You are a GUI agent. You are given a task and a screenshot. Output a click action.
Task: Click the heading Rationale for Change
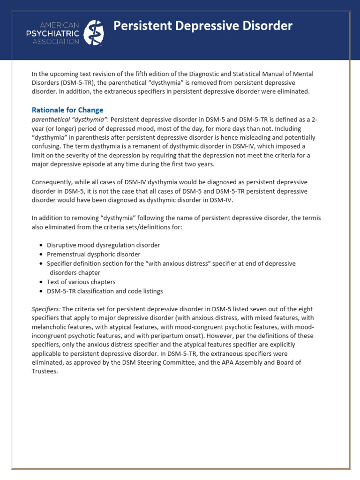[x=67, y=110]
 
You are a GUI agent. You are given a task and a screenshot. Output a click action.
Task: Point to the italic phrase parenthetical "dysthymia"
[x=69, y=120]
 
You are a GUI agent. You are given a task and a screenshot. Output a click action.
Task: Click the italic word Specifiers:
[x=46, y=309]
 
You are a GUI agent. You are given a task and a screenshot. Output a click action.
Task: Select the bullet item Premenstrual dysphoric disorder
[x=93, y=255]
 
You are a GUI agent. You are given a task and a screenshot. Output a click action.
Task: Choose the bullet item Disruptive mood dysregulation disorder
[x=103, y=245]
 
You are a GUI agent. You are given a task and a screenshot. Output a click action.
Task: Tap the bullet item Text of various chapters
[x=81, y=282]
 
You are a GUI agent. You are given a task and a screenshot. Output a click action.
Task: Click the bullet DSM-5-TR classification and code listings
[x=105, y=291]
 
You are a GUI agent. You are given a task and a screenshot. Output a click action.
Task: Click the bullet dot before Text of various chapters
[x=41, y=282]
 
